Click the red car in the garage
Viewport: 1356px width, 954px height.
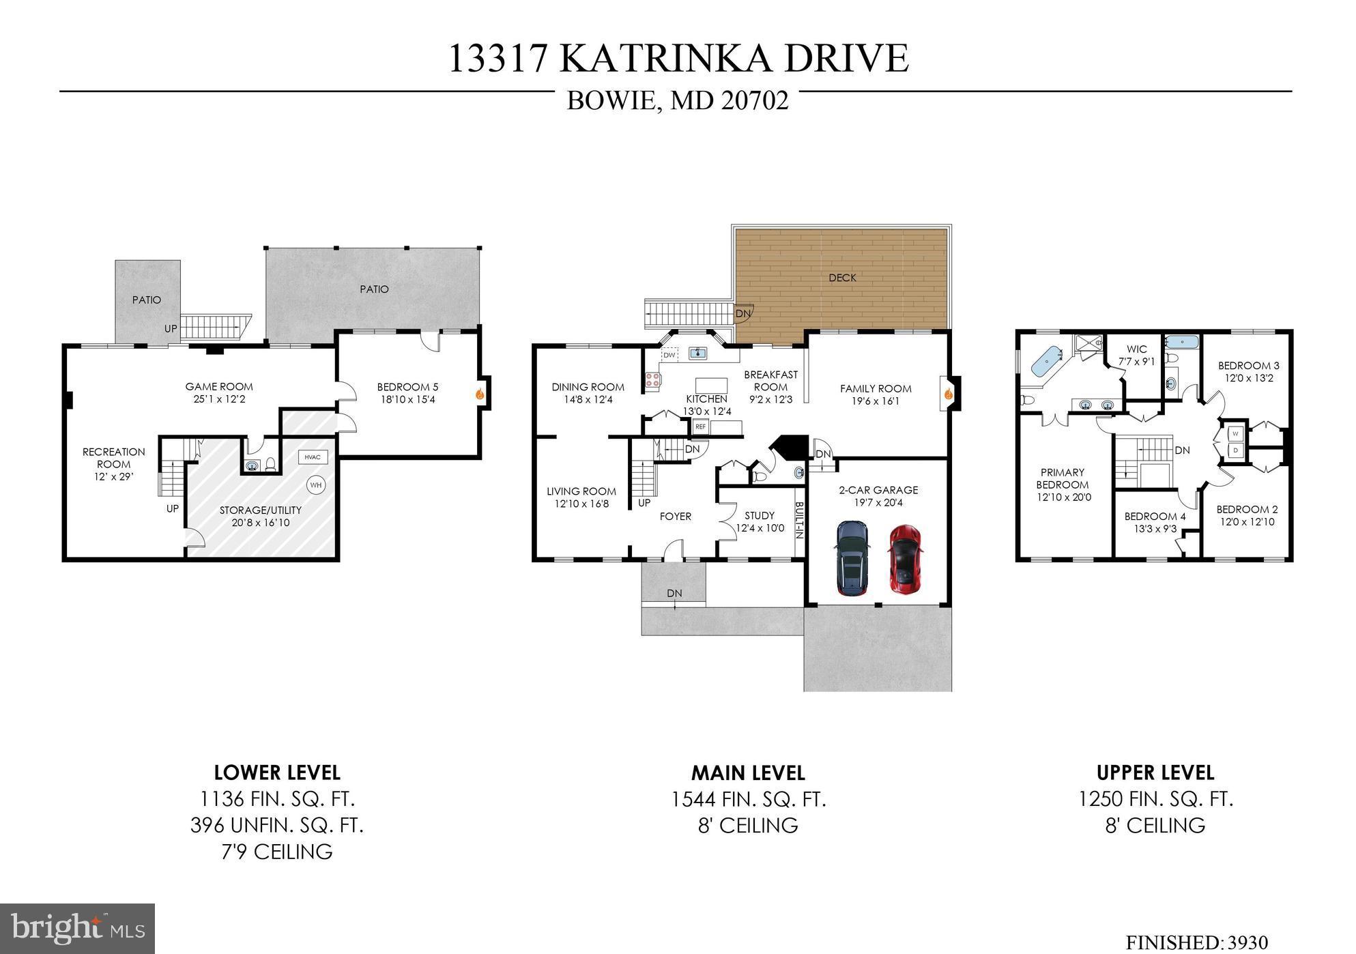[905, 559]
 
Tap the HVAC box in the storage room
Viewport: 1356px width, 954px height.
[313, 457]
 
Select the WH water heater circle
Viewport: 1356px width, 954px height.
[316, 485]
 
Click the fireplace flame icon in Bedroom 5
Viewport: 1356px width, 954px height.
[480, 393]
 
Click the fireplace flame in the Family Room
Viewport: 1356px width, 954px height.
[948, 394]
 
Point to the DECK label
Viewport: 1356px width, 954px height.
[842, 278]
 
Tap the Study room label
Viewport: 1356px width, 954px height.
[760, 516]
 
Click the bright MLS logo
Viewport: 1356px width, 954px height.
[77, 929]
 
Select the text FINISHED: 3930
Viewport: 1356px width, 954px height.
[1196, 942]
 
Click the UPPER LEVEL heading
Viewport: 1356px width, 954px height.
[1155, 772]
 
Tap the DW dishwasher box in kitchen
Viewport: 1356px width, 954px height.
[669, 356]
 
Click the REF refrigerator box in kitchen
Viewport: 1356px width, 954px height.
[700, 427]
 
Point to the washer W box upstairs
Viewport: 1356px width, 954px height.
[1235, 433]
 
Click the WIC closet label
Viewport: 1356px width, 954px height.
[1137, 349]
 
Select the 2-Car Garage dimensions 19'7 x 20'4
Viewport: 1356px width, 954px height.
[878, 503]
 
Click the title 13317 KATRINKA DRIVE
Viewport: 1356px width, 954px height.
[678, 58]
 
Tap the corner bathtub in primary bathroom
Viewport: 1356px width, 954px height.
[1045, 362]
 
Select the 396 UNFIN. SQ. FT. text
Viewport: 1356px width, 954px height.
[276, 825]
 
